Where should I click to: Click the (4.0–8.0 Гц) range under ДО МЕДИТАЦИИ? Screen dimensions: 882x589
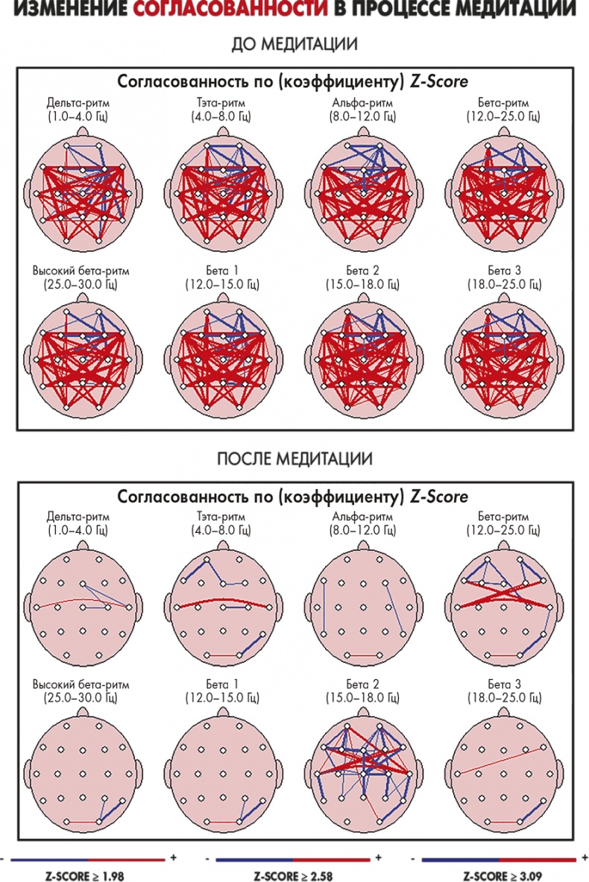[x=221, y=117]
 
